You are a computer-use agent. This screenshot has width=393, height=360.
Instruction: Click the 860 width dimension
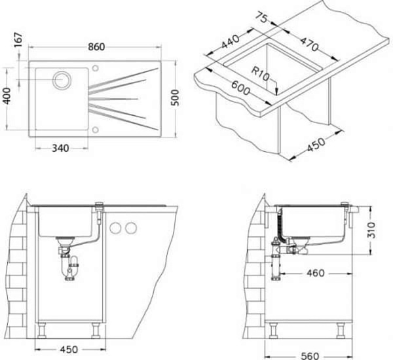pyautogui.click(x=96, y=47)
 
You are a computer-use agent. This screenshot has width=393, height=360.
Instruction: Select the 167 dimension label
pyautogui.click(x=18, y=39)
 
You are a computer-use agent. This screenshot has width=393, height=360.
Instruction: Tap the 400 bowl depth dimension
pyautogui.click(x=7, y=96)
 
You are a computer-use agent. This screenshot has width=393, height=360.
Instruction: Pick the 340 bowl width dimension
pyautogui.click(x=60, y=149)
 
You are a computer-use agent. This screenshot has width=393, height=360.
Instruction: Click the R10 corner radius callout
pyautogui.click(x=261, y=74)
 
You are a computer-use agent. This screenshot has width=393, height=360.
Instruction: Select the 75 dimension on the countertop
pyautogui.click(x=261, y=18)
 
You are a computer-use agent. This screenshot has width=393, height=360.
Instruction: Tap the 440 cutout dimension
pyautogui.click(x=230, y=42)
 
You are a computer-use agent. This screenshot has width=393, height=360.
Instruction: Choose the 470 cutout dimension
pyautogui.click(x=309, y=44)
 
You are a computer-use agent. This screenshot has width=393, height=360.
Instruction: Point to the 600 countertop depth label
pyautogui.click(x=240, y=88)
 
